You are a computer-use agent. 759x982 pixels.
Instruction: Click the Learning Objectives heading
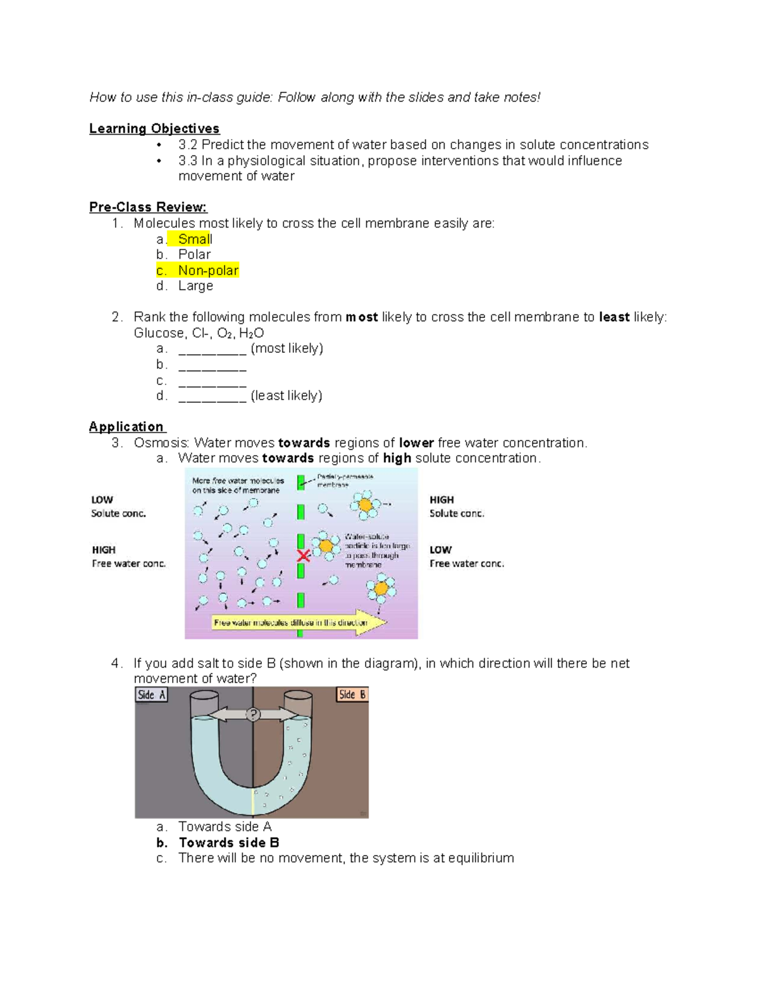pyautogui.click(x=154, y=129)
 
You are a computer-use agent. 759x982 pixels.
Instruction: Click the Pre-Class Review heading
pyautogui.click(x=148, y=207)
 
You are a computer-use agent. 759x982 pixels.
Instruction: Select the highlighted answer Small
pyautogui.click(x=194, y=239)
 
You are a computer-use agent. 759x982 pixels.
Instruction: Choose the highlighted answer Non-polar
pyautogui.click(x=207, y=271)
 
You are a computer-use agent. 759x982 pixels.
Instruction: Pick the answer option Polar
pyautogui.click(x=194, y=255)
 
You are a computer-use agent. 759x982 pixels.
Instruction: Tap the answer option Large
pyautogui.click(x=195, y=286)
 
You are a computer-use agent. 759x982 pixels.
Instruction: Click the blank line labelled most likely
pyautogui.click(x=212, y=350)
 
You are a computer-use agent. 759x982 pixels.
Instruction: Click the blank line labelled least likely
pyautogui.click(x=212, y=397)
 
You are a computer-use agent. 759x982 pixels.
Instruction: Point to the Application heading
pyautogui.click(x=126, y=427)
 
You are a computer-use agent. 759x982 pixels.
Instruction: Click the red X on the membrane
pyautogui.click(x=304, y=556)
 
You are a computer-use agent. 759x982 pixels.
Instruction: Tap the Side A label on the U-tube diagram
pyautogui.click(x=152, y=695)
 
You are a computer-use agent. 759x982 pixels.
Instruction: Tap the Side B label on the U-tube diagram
pyautogui.click(x=352, y=695)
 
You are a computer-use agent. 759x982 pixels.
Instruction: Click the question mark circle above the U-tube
pyautogui.click(x=253, y=715)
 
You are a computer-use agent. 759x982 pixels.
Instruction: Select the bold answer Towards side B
pyautogui.click(x=228, y=843)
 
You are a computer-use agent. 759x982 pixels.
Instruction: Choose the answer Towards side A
pyautogui.click(x=225, y=827)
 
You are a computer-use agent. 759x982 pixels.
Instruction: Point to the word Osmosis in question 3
pyautogui.click(x=161, y=443)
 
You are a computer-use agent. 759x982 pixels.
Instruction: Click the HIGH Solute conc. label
pyautogui.click(x=457, y=506)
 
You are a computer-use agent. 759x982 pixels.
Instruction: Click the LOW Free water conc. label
pyautogui.click(x=466, y=557)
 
